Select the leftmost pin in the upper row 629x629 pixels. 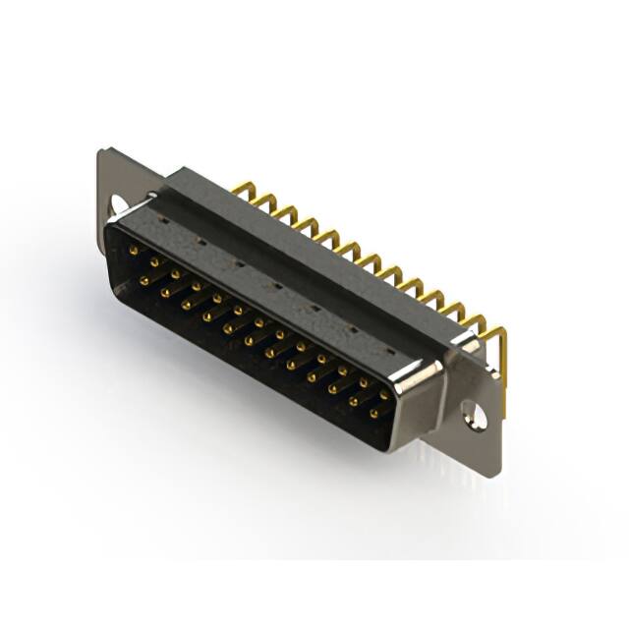(134, 253)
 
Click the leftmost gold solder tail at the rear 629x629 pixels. (240, 188)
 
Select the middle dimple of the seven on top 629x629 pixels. (277, 286)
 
